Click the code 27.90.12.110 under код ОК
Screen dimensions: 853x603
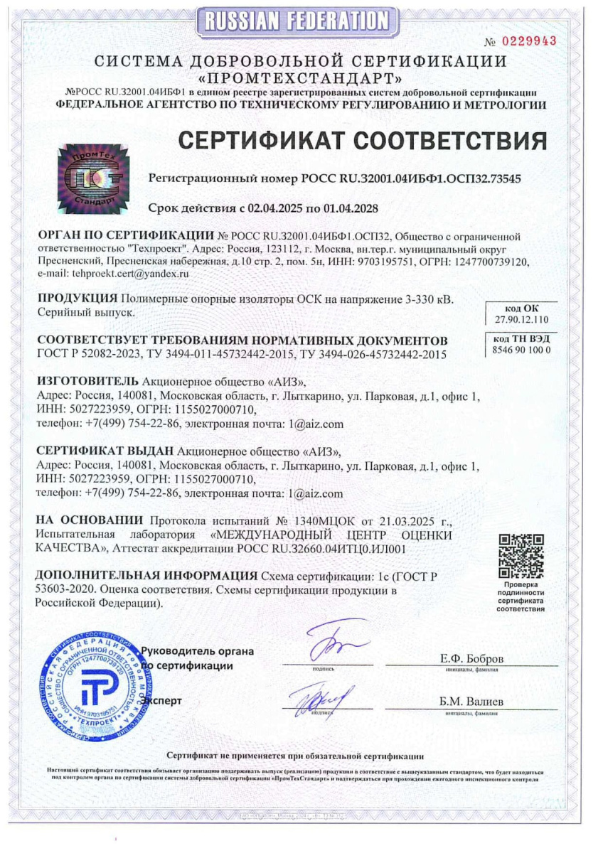pyautogui.click(x=521, y=320)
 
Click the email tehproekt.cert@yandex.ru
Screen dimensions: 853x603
pyautogui.click(x=98, y=274)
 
